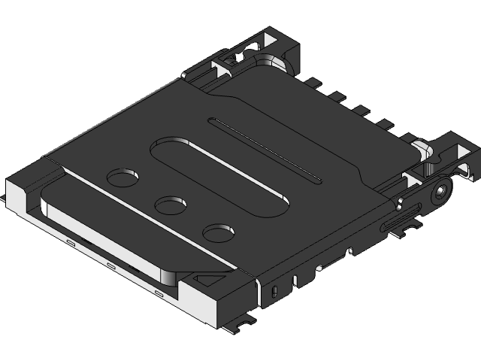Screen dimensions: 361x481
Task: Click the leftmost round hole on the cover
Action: (123, 177)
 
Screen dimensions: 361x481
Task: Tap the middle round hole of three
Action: (171, 204)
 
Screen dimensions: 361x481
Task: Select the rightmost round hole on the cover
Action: (220, 232)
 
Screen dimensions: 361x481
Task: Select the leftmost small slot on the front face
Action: (69, 243)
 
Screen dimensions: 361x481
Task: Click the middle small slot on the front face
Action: (110, 266)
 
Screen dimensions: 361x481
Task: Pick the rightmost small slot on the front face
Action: (158, 292)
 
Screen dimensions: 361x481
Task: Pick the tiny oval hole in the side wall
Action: (274, 290)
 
